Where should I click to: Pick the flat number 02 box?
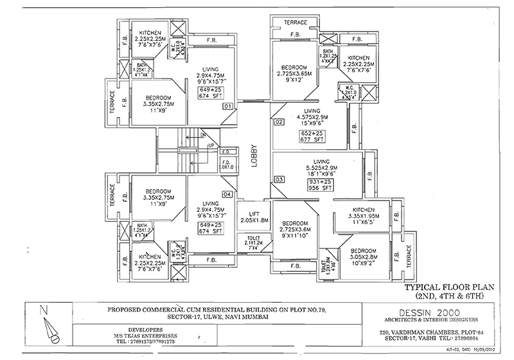[279, 122]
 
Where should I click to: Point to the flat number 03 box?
[279, 179]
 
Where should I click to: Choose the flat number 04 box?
[227, 194]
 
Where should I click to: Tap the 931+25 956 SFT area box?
[320, 186]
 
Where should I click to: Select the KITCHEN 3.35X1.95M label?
[362, 215]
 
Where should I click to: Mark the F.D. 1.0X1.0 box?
[226, 155]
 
